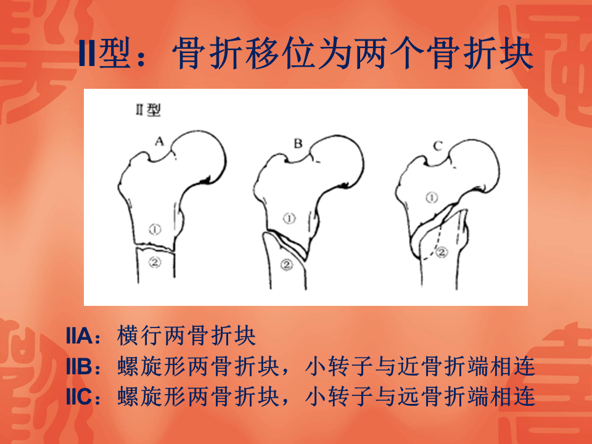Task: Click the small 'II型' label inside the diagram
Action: point(148,111)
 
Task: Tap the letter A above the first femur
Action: point(158,142)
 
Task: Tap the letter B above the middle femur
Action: point(297,144)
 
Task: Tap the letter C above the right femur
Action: point(437,146)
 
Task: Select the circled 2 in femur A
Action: point(155,263)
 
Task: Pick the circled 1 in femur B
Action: point(290,218)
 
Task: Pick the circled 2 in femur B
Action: point(286,265)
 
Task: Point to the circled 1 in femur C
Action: point(432,198)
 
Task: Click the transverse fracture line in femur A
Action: point(155,247)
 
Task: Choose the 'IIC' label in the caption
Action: point(80,396)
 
